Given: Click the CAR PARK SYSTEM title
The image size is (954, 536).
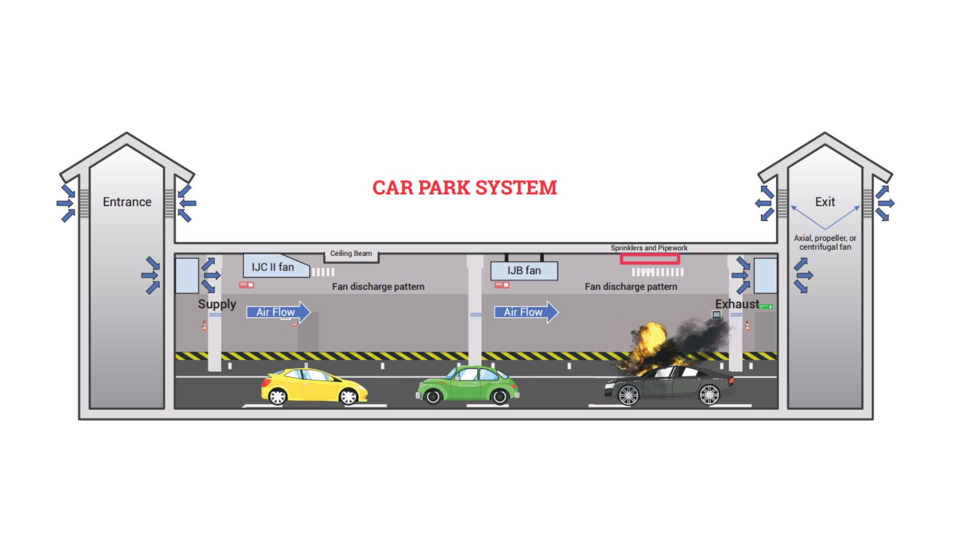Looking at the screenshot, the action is [465, 188].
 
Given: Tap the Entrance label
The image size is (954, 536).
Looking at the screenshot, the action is [127, 202].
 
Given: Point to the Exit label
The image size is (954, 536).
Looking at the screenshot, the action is [825, 202].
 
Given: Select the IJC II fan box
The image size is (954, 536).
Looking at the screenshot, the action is [276, 266].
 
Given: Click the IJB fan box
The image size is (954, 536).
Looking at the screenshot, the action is [524, 271].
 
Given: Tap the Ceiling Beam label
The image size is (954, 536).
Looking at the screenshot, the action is [351, 254].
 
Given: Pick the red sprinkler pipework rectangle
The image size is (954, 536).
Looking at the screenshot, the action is [650, 259].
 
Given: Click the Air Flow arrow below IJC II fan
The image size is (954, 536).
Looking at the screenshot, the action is [278, 312].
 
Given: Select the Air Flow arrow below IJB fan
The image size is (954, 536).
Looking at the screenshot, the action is [526, 312].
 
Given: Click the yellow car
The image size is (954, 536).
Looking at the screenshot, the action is [314, 386].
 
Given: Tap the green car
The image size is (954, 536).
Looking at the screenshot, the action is [467, 384].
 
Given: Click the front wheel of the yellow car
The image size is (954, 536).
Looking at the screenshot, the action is [348, 397].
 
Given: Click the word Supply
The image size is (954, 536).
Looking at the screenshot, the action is [217, 304].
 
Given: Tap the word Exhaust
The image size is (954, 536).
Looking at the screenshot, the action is [737, 304].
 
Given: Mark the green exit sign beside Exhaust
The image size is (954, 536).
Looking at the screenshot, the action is [766, 307].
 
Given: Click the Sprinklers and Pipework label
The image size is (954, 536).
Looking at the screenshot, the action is [649, 248].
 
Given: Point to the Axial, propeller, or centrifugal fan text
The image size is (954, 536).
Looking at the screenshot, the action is [825, 243].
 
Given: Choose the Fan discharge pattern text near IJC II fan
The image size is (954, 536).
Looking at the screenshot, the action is [378, 287].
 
